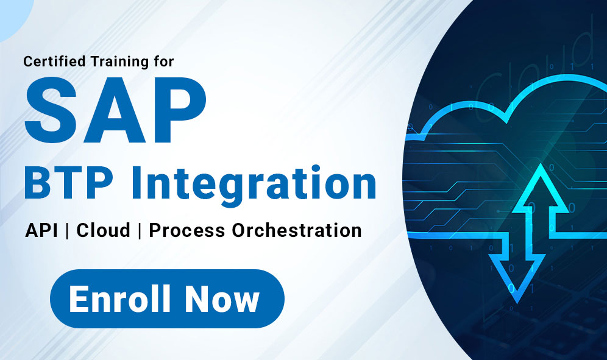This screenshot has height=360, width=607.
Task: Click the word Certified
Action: (x=54, y=61)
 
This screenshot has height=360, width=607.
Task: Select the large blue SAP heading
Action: (x=115, y=110)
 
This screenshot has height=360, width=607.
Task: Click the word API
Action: (x=42, y=230)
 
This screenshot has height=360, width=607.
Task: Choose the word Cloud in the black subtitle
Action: (x=103, y=230)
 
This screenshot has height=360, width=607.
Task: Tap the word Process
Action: (x=187, y=230)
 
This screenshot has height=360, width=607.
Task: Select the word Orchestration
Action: (x=297, y=230)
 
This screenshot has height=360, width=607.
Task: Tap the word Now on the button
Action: (x=221, y=298)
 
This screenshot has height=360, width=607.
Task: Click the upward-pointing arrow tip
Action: (x=540, y=164)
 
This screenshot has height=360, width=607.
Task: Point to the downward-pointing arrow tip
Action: (x=517, y=303)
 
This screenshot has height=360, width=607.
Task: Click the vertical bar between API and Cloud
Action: (x=68, y=230)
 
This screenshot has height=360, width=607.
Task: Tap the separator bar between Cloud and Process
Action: (x=140, y=230)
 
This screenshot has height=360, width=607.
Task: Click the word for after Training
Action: (x=163, y=61)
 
